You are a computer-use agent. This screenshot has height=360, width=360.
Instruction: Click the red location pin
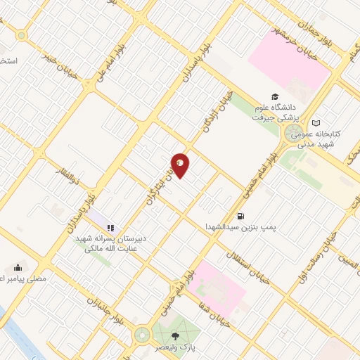pyautogui.click(x=181, y=165)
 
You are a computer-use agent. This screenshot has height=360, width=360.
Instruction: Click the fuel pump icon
pyautogui.click(x=241, y=217)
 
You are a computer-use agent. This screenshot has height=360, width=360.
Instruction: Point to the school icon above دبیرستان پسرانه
pyautogui.click(x=110, y=227)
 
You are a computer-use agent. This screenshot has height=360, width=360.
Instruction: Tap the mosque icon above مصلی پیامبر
pyautogui.click(x=18, y=267)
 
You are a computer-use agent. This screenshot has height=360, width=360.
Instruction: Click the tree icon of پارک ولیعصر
pyautogui.click(x=175, y=336)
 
